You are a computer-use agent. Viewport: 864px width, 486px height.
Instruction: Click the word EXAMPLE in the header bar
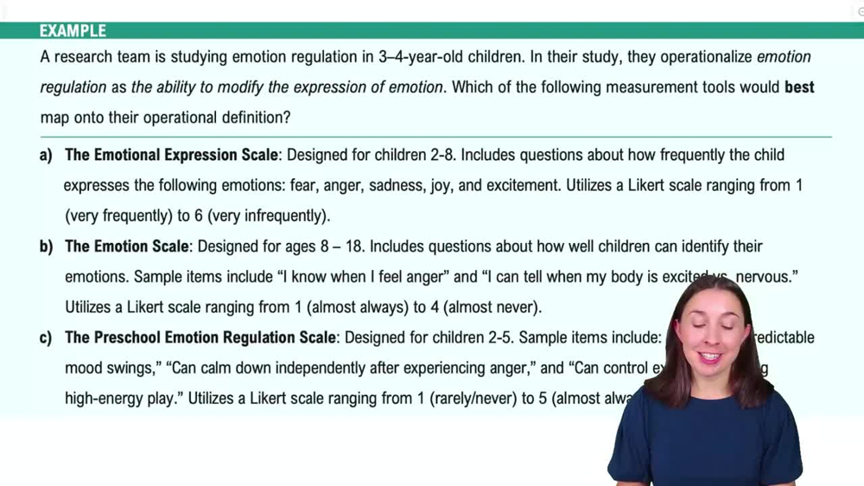(x=73, y=31)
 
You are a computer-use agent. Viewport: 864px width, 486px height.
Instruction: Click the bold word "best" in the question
(x=799, y=87)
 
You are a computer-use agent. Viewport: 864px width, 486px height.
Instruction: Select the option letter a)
(x=46, y=156)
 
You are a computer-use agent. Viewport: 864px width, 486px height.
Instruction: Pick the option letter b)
(x=46, y=247)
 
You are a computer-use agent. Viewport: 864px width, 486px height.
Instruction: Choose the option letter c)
(x=46, y=338)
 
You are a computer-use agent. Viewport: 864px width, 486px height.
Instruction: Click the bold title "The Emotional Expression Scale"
(x=171, y=156)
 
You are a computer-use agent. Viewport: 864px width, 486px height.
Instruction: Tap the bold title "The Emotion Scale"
(x=126, y=247)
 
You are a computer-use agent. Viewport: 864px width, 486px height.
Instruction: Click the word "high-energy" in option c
(x=106, y=400)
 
